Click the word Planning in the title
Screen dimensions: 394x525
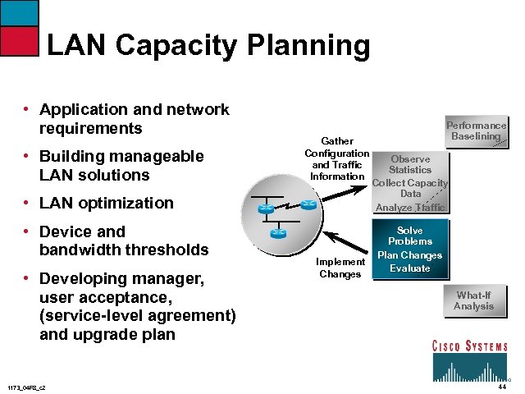(318, 45)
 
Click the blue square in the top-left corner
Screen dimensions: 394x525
(19, 11)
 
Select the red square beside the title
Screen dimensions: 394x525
(19, 39)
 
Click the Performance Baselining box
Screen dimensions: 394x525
(476, 131)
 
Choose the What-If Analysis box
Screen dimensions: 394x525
(474, 300)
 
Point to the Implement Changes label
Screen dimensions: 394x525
(340, 268)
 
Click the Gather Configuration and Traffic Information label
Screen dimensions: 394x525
(337, 158)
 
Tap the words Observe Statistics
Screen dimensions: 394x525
(410, 164)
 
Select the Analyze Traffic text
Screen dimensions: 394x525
(409, 208)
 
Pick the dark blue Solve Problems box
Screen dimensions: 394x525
(410, 249)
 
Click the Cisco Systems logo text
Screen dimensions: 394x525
(469, 346)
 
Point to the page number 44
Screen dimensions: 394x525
(501, 387)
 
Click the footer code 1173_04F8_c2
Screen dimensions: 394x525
(26, 387)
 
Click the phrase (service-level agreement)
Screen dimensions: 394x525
(138, 316)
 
